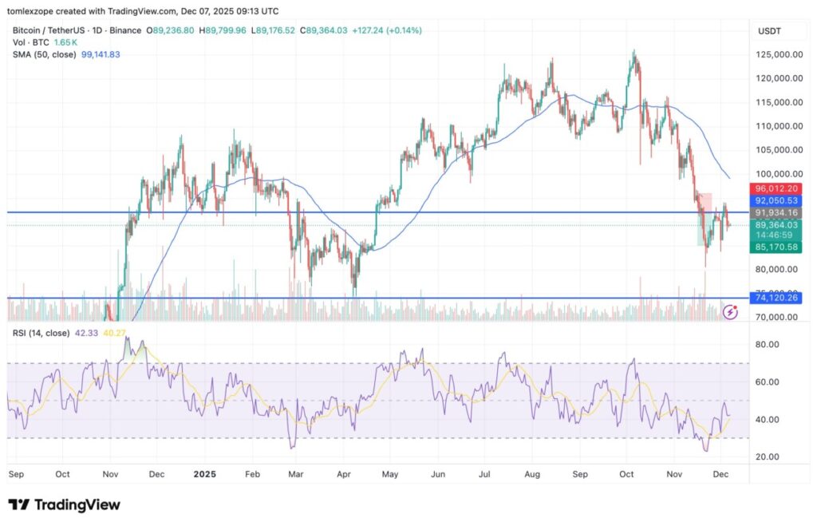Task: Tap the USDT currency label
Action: coord(770,30)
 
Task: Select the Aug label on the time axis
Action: coord(532,473)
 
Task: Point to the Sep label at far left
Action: coord(16,473)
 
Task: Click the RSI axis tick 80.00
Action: coord(768,345)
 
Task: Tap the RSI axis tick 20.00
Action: coord(768,457)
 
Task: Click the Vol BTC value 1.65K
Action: coord(68,42)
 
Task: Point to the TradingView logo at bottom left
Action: coord(64,504)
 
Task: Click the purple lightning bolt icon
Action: coord(730,312)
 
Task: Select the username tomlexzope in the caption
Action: coord(35,11)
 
